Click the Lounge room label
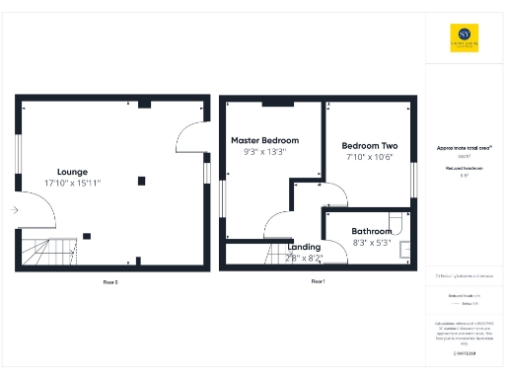point(72,171)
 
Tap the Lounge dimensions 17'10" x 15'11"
point(72,183)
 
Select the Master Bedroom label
point(264,140)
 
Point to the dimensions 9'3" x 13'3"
point(264,152)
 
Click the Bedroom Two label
point(370,145)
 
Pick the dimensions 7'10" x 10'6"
point(370,157)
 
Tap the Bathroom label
point(372,232)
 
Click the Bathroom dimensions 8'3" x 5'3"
point(372,243)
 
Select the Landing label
point(304,247)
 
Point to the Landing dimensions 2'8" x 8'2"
point(304,258)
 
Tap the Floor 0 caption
point(110,282)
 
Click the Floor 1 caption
point(318,282)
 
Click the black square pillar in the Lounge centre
point(141,181)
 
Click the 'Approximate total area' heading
point(464,148)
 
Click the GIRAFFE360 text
point(464,352)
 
